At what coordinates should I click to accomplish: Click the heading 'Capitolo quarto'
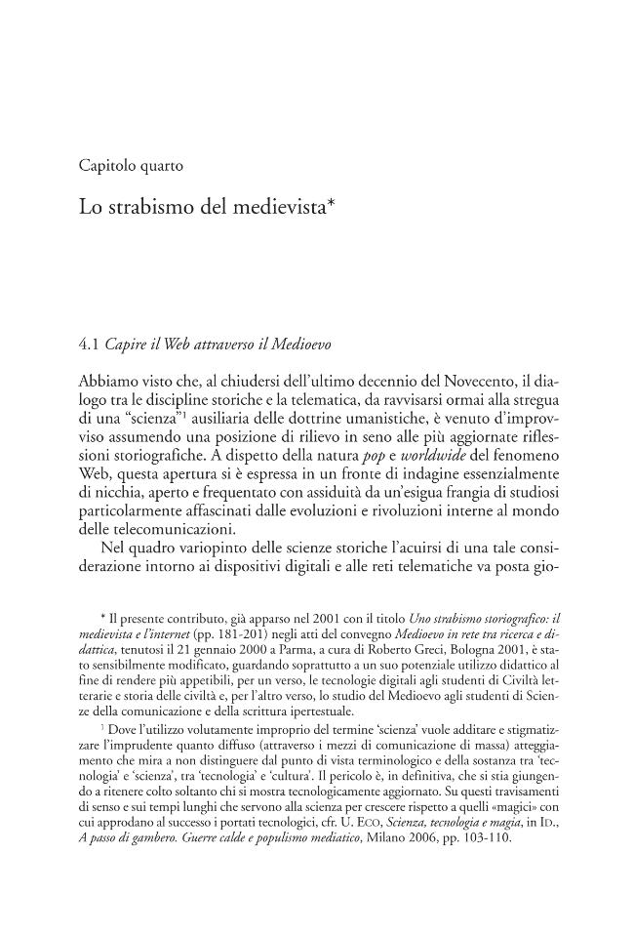coord(131,165)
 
